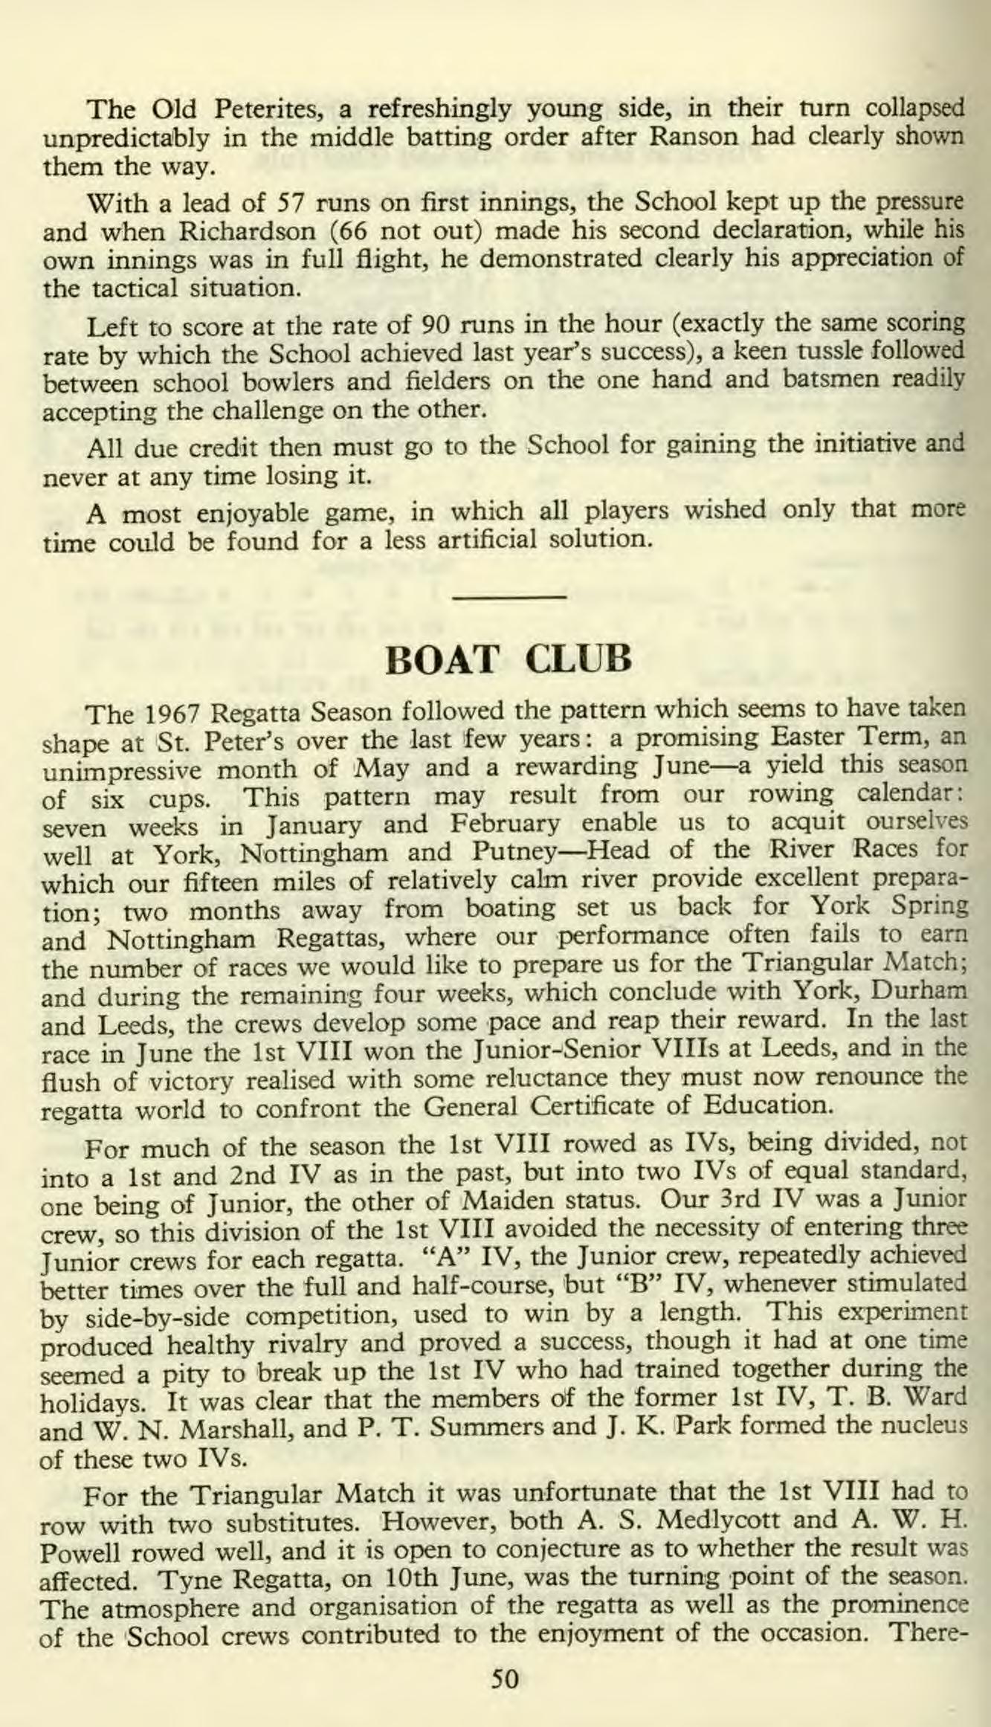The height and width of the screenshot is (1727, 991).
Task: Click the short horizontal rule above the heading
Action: point(509,596)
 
